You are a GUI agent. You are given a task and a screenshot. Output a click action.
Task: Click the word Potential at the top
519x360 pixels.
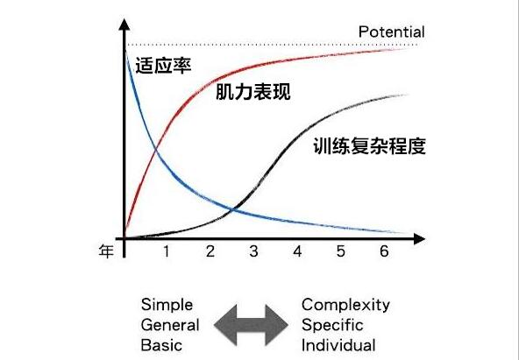tap(391, 32)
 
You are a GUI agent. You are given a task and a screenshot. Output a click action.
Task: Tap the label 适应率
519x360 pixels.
tap(164, 65)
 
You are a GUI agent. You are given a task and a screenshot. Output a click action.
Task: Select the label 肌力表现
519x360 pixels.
tap(253, 92)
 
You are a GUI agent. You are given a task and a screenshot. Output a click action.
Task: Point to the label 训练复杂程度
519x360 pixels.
tap(369, 145)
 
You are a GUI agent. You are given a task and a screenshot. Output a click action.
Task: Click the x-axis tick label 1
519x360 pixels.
tap(167, 251)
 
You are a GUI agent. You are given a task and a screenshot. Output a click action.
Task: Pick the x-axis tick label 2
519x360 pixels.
tap(210, 251)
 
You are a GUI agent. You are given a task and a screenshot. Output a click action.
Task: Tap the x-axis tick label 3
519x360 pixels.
tap(253, 251)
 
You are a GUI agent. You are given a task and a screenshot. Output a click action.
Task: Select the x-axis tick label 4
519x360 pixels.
tap(297, 251)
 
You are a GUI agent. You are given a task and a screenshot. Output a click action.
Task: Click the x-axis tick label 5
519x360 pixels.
tap(340, 251)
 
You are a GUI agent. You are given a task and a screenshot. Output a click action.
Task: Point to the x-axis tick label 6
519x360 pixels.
tap(384, 251)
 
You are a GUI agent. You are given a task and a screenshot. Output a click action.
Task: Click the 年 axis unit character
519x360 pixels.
tap(106, 251)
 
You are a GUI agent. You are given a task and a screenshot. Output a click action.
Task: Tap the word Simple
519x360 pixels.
tap(167, 306)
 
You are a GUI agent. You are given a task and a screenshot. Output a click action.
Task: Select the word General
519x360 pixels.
tap(170, 325)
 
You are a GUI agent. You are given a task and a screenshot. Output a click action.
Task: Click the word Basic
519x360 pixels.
tap(161, 345)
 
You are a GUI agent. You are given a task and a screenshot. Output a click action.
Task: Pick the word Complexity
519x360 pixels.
tap(345, 306)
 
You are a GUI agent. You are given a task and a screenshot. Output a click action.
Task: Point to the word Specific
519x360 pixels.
tap(332, 325)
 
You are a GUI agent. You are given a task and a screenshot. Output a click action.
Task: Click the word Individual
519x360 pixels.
tap(338, 345)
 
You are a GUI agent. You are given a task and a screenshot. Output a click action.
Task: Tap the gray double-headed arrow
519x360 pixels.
tap(251, 325)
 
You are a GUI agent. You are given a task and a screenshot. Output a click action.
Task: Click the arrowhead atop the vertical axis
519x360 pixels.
tap(124, 25)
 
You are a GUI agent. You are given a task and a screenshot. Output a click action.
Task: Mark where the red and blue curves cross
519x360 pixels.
tap(155, 152)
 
